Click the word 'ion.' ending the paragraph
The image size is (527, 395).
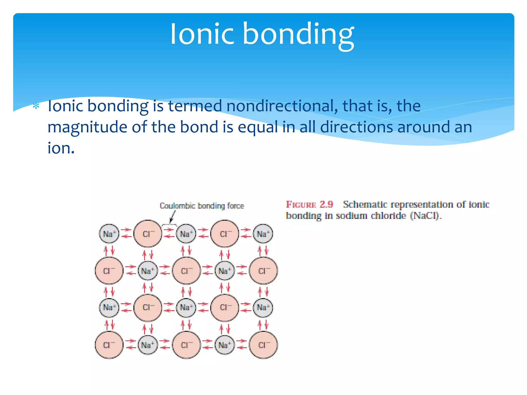click(61, 148)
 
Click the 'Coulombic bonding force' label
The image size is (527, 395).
click(202, 206)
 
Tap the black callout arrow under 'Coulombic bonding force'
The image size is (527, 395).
click(172, 218)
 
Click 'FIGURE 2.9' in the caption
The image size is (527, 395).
click(309, 204)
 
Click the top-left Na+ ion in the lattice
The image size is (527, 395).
click(109, 234)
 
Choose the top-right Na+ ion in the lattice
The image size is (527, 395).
click(263, 234)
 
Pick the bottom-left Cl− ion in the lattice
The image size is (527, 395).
click(109, 345)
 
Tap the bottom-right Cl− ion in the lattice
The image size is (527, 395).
click(263, 345)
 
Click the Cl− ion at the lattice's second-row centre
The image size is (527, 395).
click(186, 271)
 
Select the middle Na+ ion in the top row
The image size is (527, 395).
click(186, 234)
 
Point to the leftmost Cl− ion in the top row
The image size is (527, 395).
click(148, 234)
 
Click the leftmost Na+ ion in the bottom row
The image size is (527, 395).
click(147, 345)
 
